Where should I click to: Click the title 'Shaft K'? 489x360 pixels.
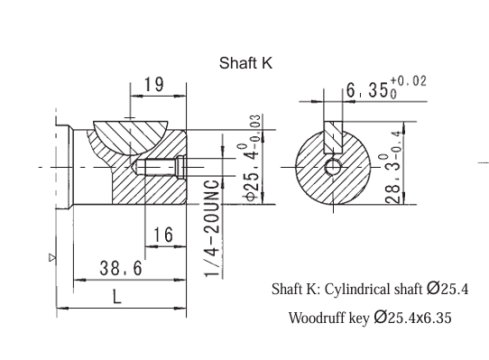(245, 63)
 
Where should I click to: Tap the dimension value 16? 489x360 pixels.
(163, 235)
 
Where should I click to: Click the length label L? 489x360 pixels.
(117, 296)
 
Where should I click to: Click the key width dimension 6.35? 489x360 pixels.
(366, 90)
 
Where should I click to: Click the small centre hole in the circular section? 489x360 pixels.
(334, 167)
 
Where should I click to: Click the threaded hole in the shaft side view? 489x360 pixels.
(163, 167)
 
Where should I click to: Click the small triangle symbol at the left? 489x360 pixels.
(51, 257)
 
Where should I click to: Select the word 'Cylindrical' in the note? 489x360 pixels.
(351, 291)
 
